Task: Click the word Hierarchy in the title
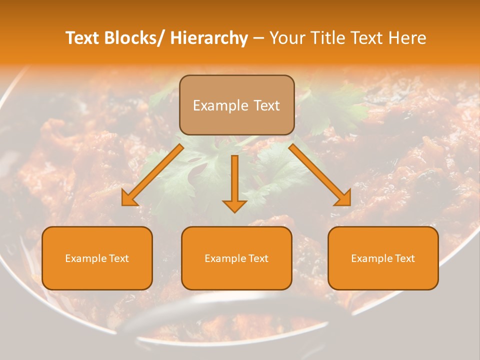[x=209, y=38]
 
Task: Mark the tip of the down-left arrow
[x=123, y=205]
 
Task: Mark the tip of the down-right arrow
[x=350, y=205]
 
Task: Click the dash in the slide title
[x=258, y=38]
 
